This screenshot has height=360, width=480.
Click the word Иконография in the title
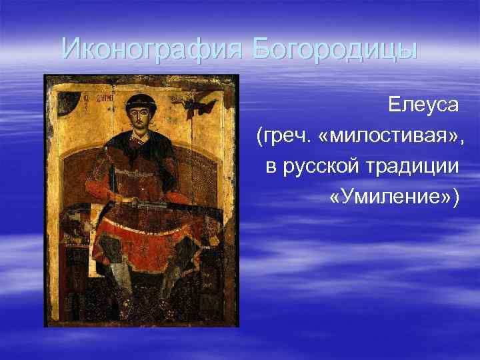click(153, 49)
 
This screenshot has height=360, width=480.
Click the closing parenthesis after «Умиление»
click(455, 198)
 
